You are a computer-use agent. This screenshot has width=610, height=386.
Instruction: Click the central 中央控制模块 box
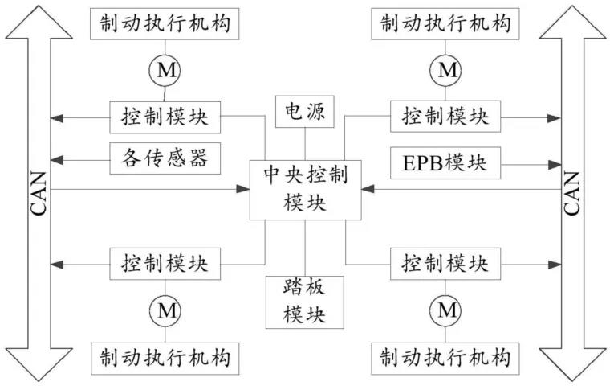click(x=305, y=188)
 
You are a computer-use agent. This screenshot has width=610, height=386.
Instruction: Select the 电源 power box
click(x=305, y=113)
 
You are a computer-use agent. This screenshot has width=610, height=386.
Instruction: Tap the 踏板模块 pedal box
click(x=305, y=301)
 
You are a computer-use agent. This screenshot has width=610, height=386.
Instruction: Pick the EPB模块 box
click(x=444, y=162)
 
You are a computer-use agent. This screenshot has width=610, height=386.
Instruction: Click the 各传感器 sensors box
click(x=165, y=158)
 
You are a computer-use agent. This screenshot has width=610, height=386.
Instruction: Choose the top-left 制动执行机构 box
click(x=165, y=24)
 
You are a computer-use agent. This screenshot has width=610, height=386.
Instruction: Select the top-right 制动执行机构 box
click(x=445, y=24)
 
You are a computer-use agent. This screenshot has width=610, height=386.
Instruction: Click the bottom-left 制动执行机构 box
click(x=165, y=355)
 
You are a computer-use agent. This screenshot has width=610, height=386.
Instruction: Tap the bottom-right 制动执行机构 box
click(x=445, y=355)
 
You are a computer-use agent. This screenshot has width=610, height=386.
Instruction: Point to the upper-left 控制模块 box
click(x=165, y=117)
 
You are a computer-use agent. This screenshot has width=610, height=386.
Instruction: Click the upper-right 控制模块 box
click(x=445, y=117)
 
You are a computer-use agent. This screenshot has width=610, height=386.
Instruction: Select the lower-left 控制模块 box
click(x=165, y=263)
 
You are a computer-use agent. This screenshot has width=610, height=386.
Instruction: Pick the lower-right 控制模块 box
click(x=445, y=263)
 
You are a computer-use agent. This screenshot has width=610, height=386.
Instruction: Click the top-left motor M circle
click(x=165, y=72)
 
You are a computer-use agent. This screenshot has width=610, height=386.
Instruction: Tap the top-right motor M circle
click(x=445, y=72)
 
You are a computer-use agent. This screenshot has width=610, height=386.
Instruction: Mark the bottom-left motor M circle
click(x=165, y=310)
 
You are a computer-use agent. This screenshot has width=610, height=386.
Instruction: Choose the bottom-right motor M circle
click(x=445, y=310)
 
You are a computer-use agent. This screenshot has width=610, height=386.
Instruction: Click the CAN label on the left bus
click(x=36, y=193)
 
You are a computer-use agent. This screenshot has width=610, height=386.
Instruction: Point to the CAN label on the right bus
click(x=572, y=193)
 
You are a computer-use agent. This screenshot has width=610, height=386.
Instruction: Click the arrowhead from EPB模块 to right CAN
click(x=555, y=163)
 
